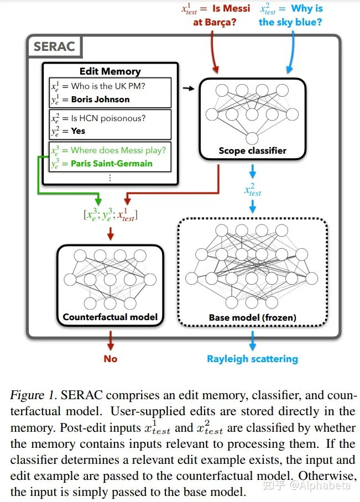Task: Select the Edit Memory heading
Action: (110, 71)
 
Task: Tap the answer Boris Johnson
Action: (100, 100)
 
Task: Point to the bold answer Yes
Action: (78, 131)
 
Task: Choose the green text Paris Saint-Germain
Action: (111, 164)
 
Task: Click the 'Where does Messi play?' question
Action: (118, 150)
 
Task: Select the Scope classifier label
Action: (252, 150)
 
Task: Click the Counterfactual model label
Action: (110, 317)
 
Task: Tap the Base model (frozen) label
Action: (252, 318)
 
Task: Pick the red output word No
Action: (111, 359)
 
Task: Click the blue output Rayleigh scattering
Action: (252, 359)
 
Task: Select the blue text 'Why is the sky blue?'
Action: (291, 15)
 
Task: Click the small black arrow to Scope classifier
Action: (189, 88)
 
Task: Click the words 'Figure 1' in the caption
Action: (34, 396)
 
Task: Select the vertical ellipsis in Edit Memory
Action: (110, 177)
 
